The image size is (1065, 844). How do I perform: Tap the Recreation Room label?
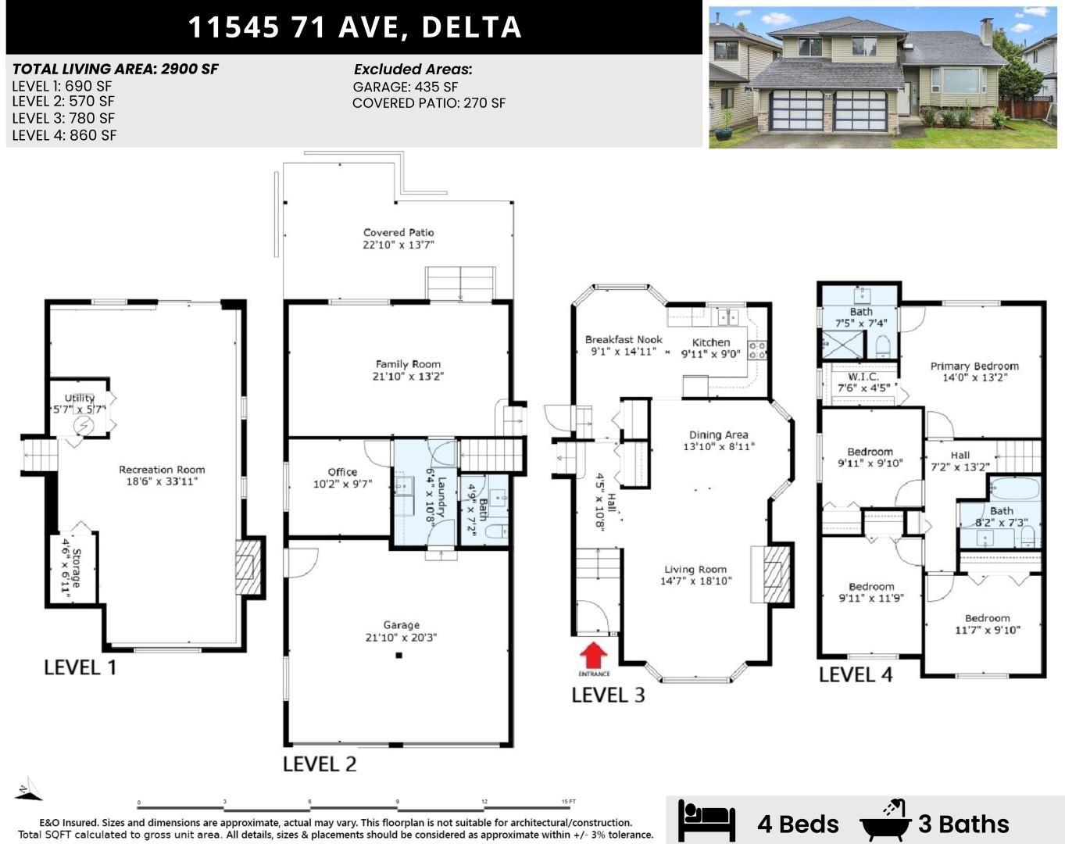(x=162, y=470)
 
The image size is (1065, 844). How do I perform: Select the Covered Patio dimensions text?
(x=398, y=245)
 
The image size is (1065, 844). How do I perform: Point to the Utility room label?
(x=79, y=399)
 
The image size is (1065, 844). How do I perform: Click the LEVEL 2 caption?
(x=320, y=764)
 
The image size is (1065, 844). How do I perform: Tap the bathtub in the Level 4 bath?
(x=1013, y=490)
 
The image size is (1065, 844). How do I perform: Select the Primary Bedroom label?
(x=974, y=366)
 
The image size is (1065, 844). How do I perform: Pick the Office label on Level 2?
(x=342, y=472)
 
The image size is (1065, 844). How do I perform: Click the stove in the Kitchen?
(x=756, y=350)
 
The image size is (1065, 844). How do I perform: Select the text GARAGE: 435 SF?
(x=406, y=87)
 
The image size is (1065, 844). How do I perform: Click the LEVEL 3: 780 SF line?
(x=63, y=118)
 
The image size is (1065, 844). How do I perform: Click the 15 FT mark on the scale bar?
(x=568, y=802)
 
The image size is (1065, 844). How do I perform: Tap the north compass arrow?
(x=27, y=789)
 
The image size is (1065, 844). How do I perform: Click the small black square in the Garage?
(x=398, y=656)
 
